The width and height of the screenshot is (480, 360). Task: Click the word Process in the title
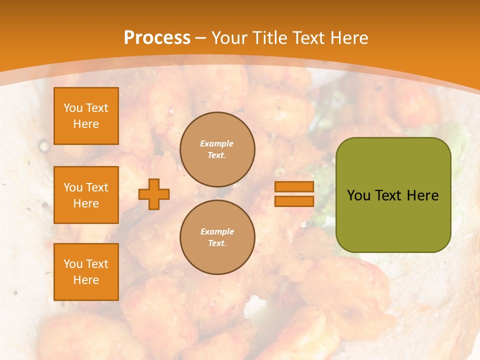[157, 38]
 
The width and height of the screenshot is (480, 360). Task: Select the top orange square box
[86, 116]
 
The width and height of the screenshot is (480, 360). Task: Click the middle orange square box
[86, 195]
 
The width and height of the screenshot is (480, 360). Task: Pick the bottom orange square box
[86, 272]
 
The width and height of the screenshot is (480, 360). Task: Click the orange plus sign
[154, 194]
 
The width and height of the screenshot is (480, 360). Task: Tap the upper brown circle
[217, 149]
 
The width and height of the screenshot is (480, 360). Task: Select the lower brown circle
[217, 237]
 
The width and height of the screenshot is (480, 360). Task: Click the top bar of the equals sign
[294, 186]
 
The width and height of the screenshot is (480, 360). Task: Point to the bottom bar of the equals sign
[294, 201]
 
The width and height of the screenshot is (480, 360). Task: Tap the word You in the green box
[358, 195]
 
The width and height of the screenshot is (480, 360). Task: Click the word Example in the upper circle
[217, 143]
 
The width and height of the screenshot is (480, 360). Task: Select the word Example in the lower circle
[217, 231]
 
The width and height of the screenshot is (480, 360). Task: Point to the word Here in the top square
[86, 124]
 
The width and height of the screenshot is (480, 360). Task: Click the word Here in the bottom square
[86, 280]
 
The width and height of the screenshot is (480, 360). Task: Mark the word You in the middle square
[72, 187]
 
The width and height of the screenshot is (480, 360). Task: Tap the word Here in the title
[349, 38]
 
